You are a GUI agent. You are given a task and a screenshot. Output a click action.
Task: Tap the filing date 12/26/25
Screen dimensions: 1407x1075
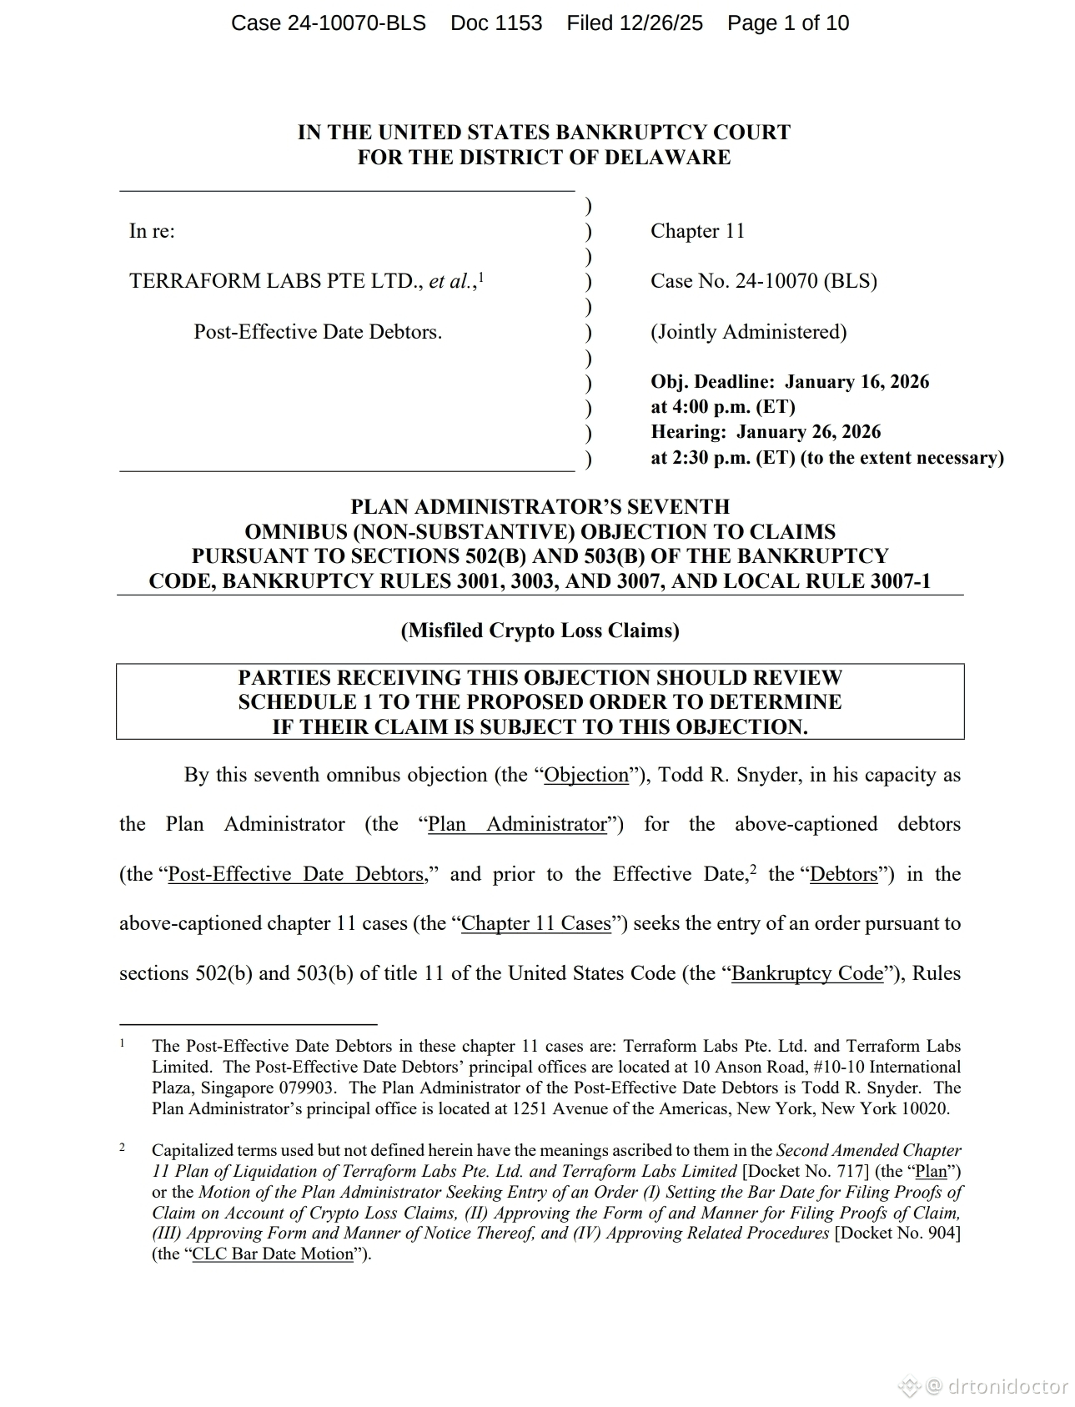(660, 23)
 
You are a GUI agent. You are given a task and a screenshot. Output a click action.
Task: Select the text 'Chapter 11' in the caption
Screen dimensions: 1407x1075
(697, 231)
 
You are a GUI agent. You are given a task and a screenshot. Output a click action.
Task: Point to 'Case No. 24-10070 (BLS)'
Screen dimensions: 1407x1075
(763, 281)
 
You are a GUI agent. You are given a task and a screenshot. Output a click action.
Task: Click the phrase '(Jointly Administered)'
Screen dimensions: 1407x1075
(748, 332)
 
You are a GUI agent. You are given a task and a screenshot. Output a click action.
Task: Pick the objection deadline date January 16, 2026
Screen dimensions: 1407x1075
(856, 382)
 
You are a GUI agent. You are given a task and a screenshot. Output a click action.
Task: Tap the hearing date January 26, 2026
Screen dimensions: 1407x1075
(808, 432)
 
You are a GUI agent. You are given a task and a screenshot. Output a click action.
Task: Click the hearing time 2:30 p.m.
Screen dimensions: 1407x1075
(701, 458)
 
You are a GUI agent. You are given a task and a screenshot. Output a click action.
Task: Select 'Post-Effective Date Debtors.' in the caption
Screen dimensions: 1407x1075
(318, 332)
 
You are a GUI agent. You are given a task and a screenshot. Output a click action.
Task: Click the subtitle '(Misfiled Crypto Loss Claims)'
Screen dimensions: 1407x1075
(540, 631)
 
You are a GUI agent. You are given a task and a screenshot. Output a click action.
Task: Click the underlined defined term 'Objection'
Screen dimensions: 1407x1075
(586, 775)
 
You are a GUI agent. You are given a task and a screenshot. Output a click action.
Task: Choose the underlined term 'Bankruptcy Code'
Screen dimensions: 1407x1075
(806, 973)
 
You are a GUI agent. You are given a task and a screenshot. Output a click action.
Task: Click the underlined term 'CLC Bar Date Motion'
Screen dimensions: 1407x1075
(273, 1254)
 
